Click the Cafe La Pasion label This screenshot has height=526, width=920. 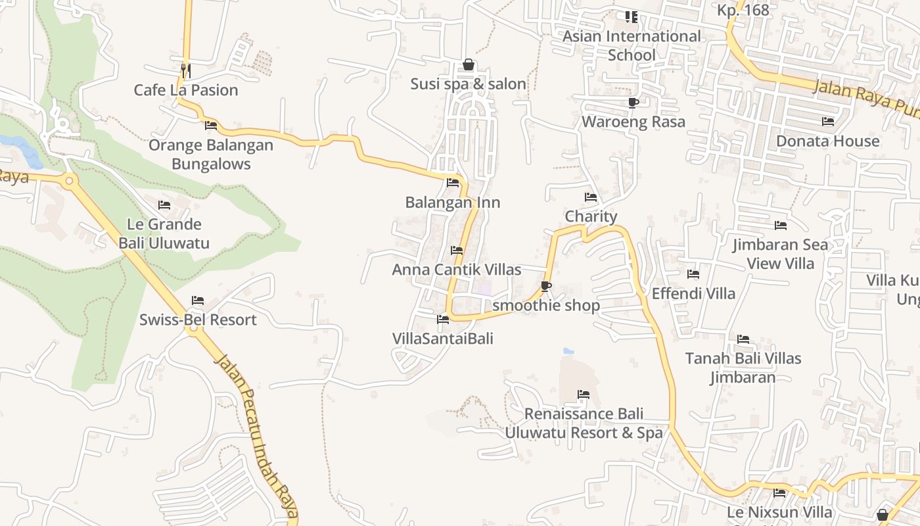(x=186, y=90)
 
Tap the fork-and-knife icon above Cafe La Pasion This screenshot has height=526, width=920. (x=186, y=69)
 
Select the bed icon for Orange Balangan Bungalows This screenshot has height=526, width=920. (x=211, y=125)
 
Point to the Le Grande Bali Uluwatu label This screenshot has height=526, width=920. (x=164, y=233)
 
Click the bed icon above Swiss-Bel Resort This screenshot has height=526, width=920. (x=198, y=300)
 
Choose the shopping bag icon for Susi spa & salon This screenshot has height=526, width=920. (x=469, y=64)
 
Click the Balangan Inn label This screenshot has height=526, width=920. (x=453, y=203)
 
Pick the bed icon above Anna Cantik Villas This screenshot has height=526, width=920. (x=457, y=251)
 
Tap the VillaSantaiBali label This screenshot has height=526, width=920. (x=443, y=339)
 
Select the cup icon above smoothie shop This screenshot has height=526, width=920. (x=545, y=286)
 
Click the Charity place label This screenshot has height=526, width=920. (x=591, y=216)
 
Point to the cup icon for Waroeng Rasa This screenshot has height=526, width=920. (x=633, y=103)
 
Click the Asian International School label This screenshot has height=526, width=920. (x=632, y=45)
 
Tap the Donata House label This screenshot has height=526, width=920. (x=828, y=141)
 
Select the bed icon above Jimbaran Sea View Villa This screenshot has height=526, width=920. (x=781, y=226)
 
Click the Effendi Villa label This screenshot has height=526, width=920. (x=693, y=293)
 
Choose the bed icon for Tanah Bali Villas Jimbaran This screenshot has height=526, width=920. (x=743, y=339)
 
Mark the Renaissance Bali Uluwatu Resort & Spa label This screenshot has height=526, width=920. (x=584, y=423)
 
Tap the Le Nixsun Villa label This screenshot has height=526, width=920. (x=779, y=512)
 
